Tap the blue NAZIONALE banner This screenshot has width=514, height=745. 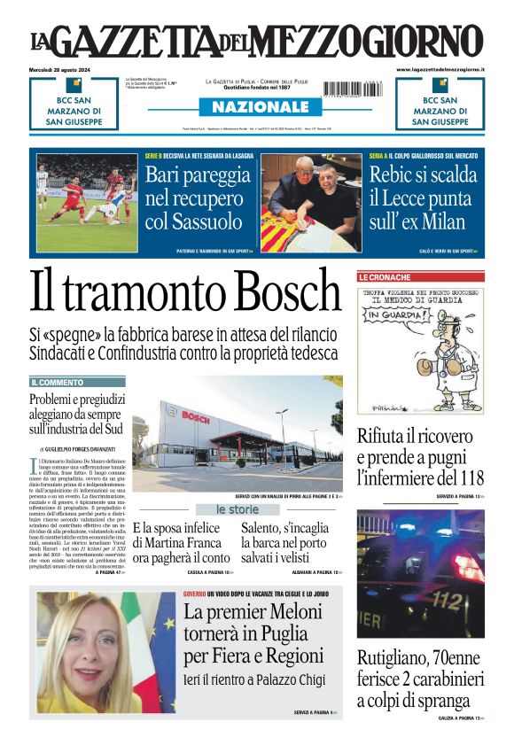pyautogui.click(x=254, y=107)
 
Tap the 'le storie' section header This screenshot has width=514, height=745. pyautogui.click(x=238, y=509)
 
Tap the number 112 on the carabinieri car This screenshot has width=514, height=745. pyautogui.click(x=445, y=601)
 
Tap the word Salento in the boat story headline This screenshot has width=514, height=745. pyautogui.click(x=268, y=529)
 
